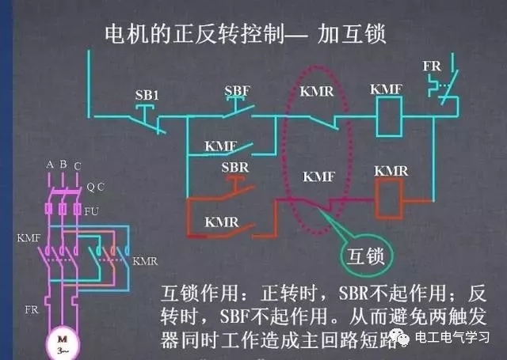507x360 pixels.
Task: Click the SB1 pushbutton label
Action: coord(147,95)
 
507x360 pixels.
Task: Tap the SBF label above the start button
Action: coord(237,91)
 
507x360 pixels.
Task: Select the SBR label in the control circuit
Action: coord(234,168)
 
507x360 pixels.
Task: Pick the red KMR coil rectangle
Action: coord(391,198)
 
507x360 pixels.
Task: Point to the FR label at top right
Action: coord(432,66)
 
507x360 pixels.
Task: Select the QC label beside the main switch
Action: coord(96,187)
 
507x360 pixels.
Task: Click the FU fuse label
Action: coord(92,211)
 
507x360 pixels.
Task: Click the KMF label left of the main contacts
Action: coord(28,237)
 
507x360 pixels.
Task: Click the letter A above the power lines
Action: coord(50,164)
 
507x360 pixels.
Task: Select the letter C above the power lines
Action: coord(76,165)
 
